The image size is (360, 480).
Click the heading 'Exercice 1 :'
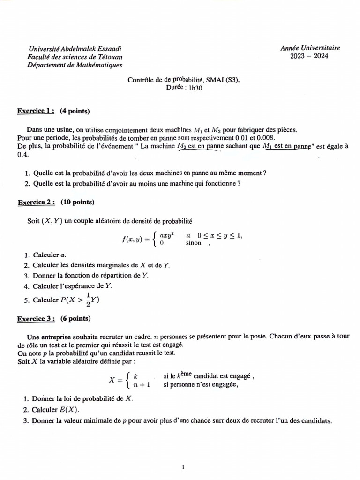click(36, 111)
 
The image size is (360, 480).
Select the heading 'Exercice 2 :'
click(36, 202)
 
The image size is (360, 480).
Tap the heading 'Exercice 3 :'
click(36, 319)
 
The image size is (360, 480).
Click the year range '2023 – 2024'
click(309, 56)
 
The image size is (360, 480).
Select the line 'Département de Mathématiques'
click(75, 65)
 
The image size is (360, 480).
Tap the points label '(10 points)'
click(77, 202)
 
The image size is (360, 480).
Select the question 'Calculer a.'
click(49, 255)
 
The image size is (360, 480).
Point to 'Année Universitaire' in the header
click(310, 48)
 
